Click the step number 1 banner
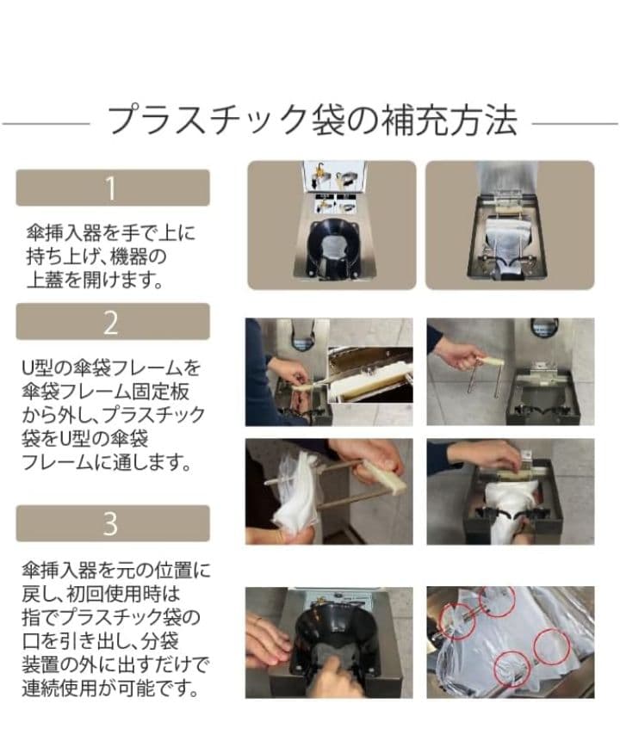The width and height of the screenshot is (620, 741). tap(112, 188)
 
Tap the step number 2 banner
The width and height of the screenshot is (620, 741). tap(112, 321)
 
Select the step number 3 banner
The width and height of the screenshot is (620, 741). tap(112, 522)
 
